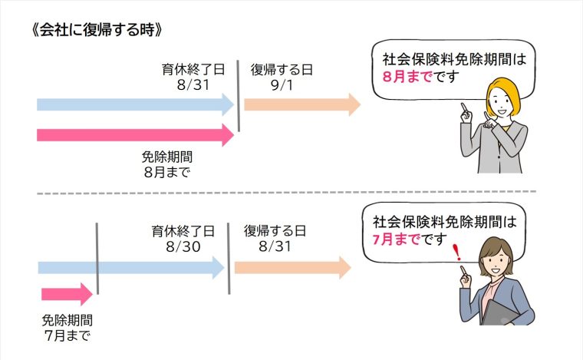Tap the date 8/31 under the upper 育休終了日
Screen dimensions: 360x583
(193, 84)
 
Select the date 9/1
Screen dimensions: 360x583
(281, 84)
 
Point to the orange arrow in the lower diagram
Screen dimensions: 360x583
(292, 267)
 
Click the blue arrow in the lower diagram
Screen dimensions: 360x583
(130, 267)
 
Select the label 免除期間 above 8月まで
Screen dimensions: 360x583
(166, 157)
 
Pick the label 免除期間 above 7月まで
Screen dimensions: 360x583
(67, 320)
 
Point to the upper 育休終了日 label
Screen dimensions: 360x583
(193, 69)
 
